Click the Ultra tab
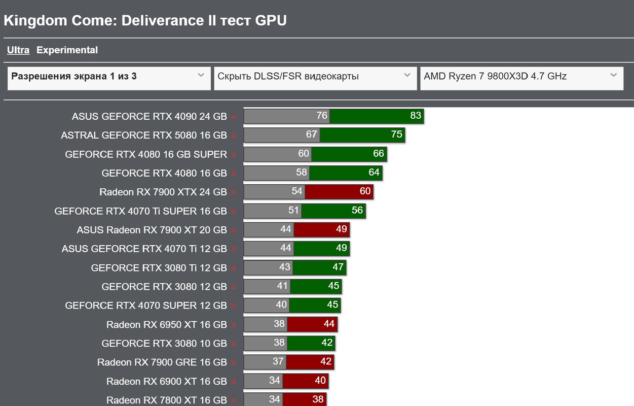click(x=18, y=50)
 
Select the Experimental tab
click(x=67, y=50)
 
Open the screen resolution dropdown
click(x=109, y=77)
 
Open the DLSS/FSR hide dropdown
click(x=315, y=77)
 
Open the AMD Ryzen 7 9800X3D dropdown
click(x=521, y=77)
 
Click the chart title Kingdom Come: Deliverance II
click(x=145, y=20)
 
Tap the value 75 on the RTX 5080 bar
click(x=396, y=134)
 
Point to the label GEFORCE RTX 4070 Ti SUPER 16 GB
click(x=140, y=211)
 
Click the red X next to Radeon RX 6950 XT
click(x=233, y=325)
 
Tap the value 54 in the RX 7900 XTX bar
click(x=297, y=191)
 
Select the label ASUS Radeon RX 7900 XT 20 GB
click(x=152, y=230)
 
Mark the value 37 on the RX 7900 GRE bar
click(x=278, y=361)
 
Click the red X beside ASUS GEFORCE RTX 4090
click(x=233, y=117)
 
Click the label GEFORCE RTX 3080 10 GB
click(x=164, y=344)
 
